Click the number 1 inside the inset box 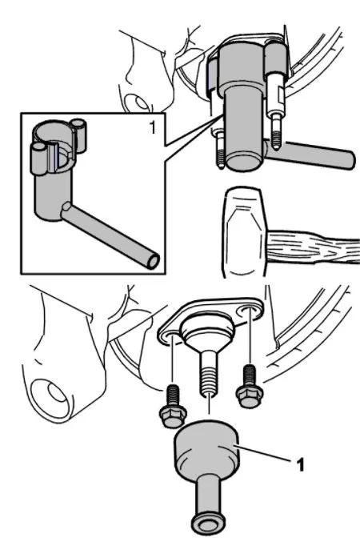[152, 127]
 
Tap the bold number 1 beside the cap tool [300, 464]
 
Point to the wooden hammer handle [314, 246]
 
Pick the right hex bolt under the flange [250, 387]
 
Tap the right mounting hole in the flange [249, 311]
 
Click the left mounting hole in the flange [169, 336]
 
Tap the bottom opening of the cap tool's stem [208, 524]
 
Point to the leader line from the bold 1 [264, 453]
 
